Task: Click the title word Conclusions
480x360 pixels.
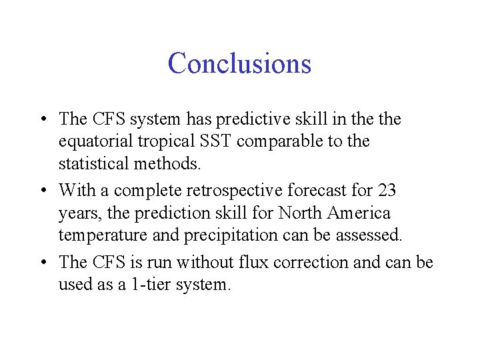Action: click(239, 63)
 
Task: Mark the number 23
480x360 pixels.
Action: click(387, 191)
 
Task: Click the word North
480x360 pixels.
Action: click(303, 213)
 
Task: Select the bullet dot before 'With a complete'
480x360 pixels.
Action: click(42, 191)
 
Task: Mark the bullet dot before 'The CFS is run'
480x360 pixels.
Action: click(42, 263)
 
